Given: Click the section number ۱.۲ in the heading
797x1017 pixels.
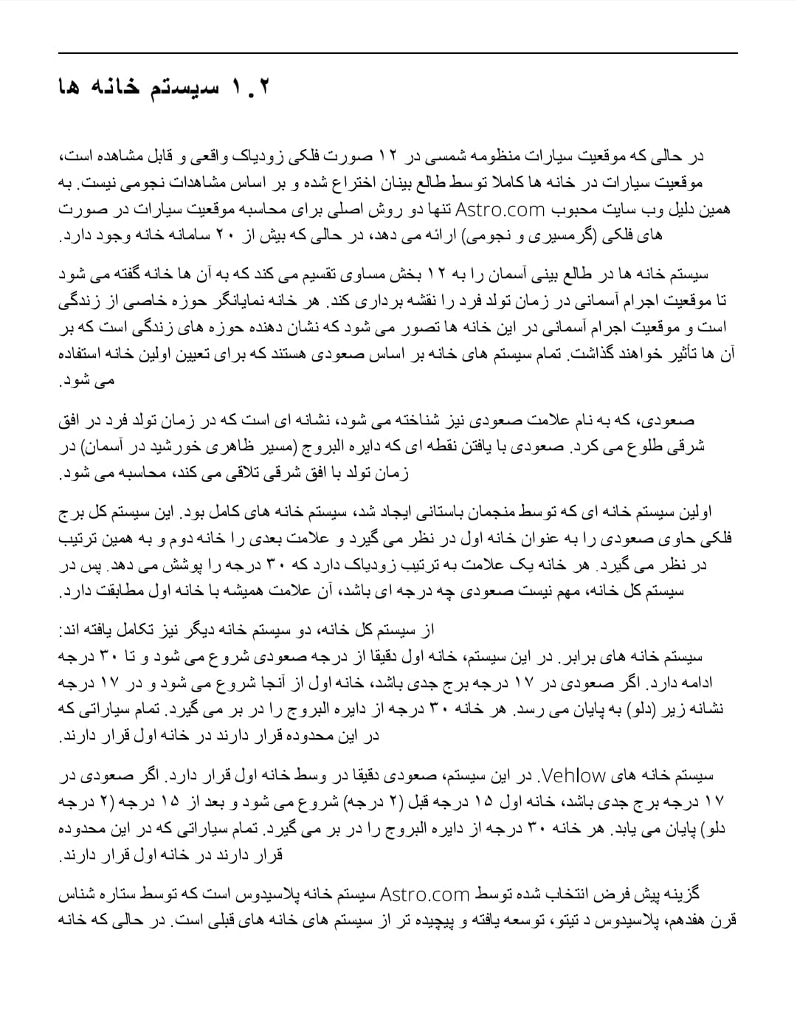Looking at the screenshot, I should [x=252, y=88].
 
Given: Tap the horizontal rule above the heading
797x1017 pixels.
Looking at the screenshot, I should [x=398, y=53].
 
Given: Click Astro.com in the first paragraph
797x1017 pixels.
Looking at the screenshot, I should [x=500, y=209].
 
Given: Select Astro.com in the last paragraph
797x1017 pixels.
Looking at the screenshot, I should [x=425, y=894].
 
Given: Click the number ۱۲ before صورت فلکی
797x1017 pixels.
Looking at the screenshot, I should [x=388, y=156].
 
